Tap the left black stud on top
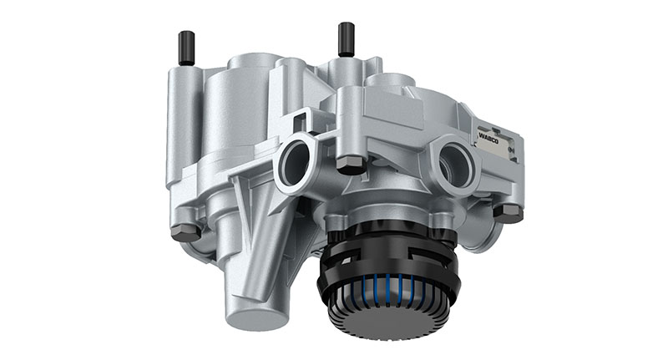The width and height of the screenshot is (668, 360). [x=185, y=47]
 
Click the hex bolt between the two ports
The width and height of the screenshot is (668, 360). [x=351, y=165]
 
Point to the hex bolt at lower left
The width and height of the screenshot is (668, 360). [x=185, y=232]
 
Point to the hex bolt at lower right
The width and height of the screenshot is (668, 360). [x=507, y=212]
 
